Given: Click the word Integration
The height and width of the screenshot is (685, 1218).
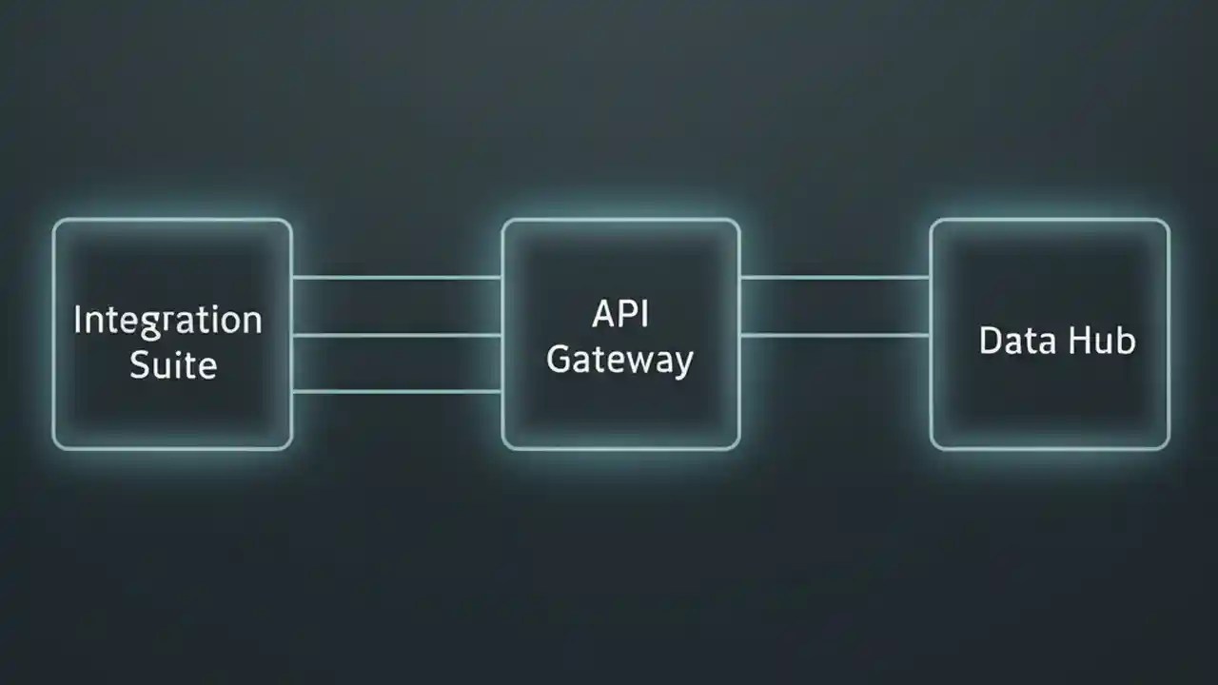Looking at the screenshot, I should (x=167, y=322).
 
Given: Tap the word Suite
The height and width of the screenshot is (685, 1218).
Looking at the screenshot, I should (x=172, y=364).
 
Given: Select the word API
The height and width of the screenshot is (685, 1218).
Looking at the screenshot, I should (x=620, y=314).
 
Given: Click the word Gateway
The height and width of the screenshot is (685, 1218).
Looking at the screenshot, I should (x=620, y=361).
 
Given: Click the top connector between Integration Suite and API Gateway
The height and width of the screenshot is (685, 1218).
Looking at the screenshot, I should (x=397, y=278).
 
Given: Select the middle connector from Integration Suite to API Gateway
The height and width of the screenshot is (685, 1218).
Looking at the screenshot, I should (x=397, y=335).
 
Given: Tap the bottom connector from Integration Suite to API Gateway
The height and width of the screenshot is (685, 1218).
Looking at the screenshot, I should (x=397, y=391).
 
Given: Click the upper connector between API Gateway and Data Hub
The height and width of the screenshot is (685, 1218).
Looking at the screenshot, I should (x=835, y=278).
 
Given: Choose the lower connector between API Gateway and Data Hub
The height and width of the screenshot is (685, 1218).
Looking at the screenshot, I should (x=835, y=335).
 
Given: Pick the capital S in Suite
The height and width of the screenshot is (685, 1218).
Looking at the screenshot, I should (x=140, y=364).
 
